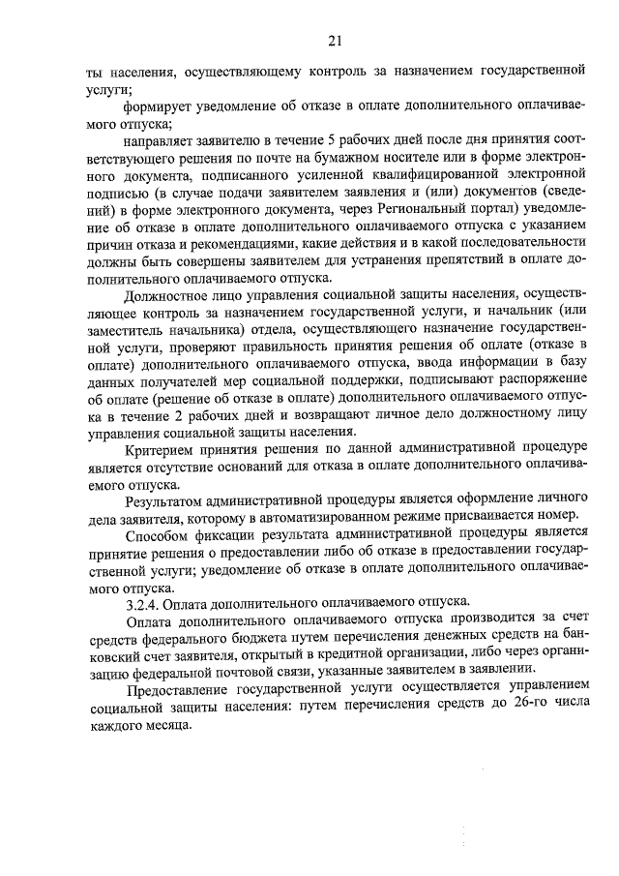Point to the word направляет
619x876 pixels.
click(x=164, y=141)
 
